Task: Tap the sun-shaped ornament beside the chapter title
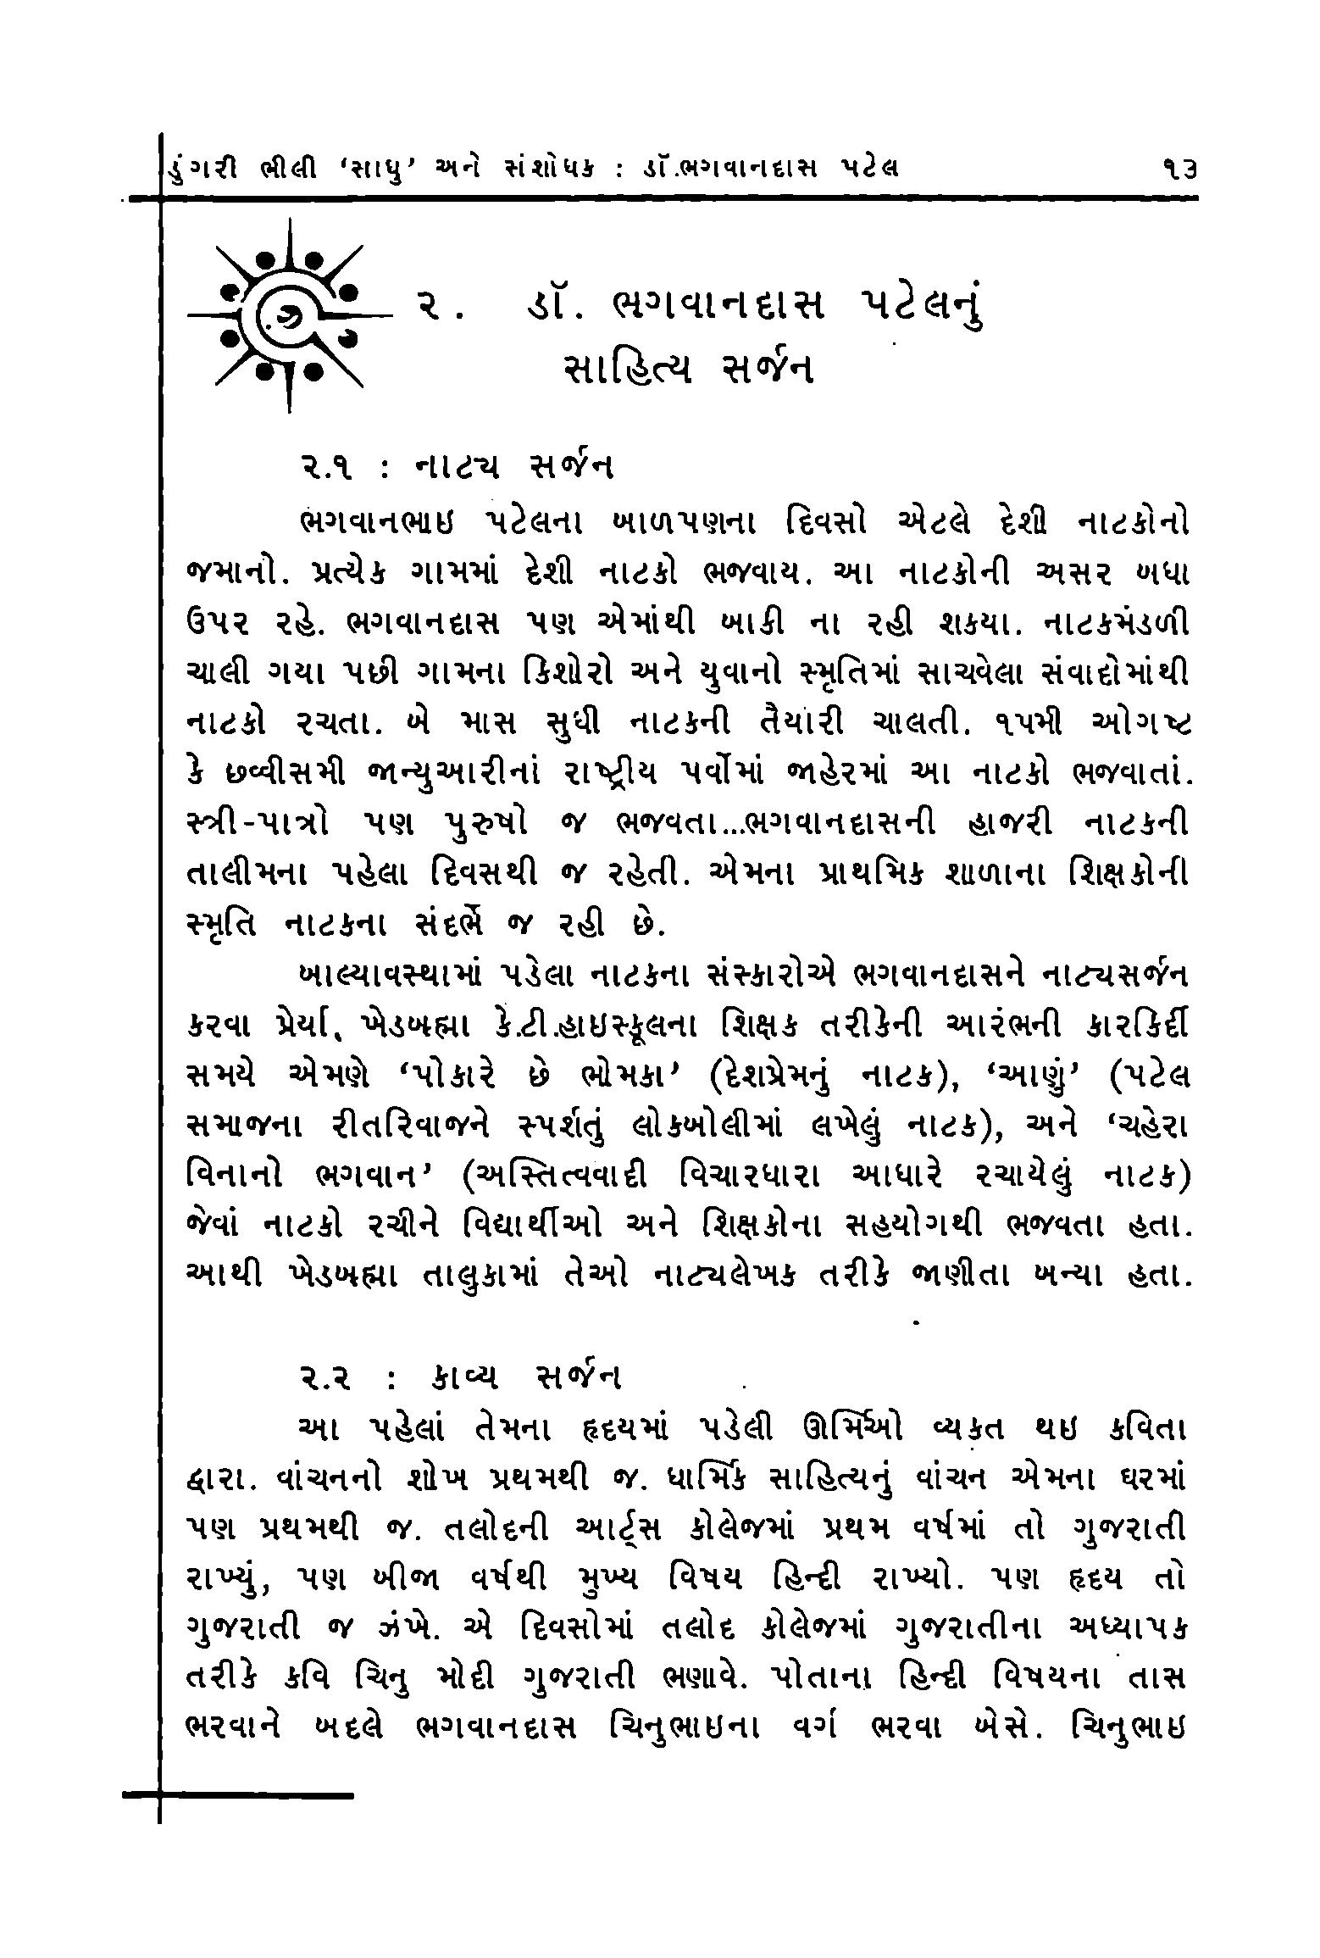coord(289,314)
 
